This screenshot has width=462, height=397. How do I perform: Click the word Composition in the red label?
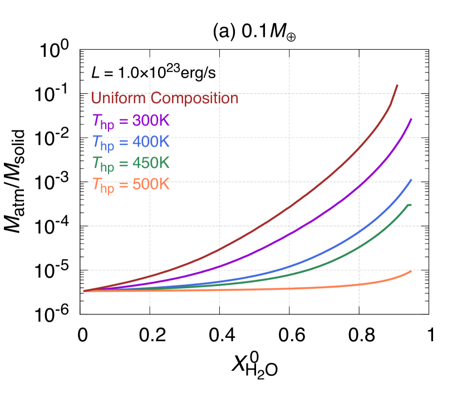[194, 99]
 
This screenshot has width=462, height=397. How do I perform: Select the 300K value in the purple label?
[151, 120]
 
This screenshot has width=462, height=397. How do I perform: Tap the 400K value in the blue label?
[151, 142]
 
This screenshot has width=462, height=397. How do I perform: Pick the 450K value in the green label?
[151, 163]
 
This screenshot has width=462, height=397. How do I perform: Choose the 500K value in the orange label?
[151, 184]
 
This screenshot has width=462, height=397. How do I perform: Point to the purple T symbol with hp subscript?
[102, 122]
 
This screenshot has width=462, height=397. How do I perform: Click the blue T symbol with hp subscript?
[102, 143]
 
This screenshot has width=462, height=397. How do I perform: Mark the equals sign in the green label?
[124, 164]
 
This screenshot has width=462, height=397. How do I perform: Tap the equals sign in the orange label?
[124, 185]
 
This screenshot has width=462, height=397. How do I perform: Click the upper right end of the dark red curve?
[397, 85]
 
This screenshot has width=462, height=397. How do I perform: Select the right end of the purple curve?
[411, 119]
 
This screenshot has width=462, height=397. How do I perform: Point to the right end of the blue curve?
[411, 180]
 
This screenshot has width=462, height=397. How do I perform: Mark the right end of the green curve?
[411, 205]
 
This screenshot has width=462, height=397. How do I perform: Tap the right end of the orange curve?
[411, 271]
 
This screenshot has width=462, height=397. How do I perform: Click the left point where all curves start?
[84, 291]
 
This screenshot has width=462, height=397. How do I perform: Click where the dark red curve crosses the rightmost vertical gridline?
[359, 148]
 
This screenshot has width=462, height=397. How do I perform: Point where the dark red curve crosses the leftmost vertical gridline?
[150, 276]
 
